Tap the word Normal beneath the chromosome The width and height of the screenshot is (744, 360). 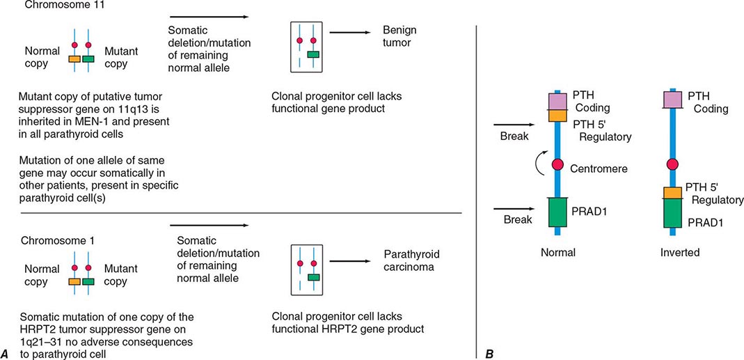(558, 253)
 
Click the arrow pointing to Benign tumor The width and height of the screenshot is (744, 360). (351, 32)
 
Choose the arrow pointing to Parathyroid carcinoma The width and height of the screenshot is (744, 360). (351, 256)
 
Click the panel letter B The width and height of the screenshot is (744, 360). (490, 354)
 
